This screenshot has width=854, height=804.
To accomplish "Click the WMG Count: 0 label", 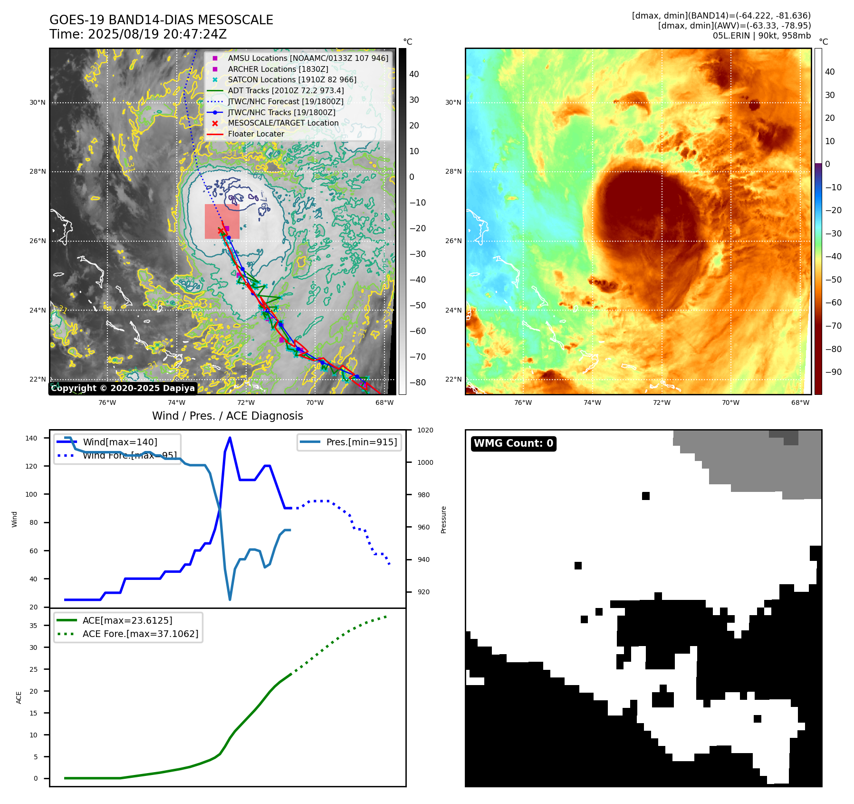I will point(513,443).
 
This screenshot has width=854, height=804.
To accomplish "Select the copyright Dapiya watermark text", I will point(123,388).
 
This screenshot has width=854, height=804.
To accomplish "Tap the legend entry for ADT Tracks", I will point(286,90).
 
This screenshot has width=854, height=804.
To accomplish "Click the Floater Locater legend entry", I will point(256,134).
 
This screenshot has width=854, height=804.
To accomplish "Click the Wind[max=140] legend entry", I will point(120,442).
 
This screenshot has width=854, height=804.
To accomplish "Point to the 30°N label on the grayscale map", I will point(38,102).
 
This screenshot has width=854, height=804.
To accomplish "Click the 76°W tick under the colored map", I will point(523,402).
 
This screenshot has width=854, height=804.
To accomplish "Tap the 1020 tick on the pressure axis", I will point(425,430).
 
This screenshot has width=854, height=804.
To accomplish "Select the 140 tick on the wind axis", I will point(31,438).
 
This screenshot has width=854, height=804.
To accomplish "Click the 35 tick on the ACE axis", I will point(33,626).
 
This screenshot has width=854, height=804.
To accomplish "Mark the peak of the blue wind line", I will point(230,438).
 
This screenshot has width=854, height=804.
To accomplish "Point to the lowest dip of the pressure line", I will point(230,599).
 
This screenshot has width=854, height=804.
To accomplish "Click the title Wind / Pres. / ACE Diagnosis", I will point(227,416).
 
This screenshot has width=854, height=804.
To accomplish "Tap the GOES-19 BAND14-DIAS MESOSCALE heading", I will point(161,20).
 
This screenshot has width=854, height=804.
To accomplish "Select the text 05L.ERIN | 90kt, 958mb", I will point(761,36).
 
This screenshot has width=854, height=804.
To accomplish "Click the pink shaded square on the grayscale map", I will point(222,222).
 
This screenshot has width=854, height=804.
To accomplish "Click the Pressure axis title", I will point(443,520).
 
